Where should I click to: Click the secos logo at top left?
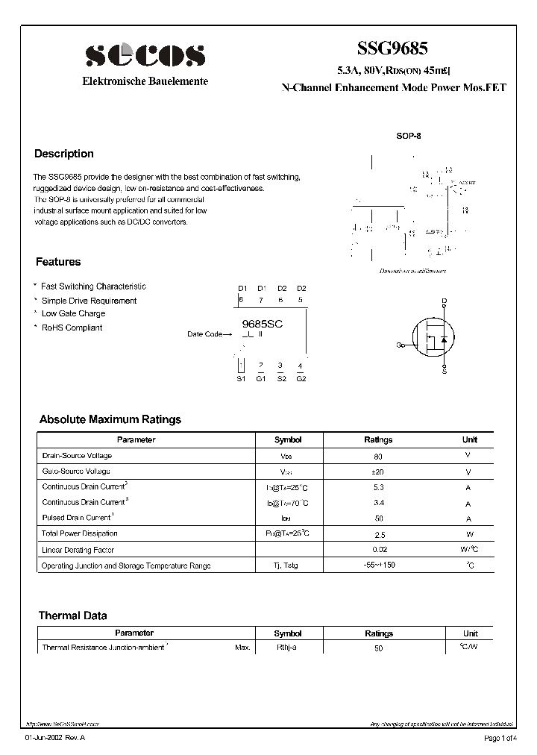145,54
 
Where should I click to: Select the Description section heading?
64,154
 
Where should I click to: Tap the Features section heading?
58,262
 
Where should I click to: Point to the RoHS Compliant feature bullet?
72,328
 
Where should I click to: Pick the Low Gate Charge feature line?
73,314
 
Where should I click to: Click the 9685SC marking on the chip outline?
263,325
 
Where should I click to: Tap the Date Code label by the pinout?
204,334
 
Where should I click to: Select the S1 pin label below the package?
241,378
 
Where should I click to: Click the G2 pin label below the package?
301,378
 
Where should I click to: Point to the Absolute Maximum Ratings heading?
110,419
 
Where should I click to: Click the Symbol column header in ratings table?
288,440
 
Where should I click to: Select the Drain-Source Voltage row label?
77,456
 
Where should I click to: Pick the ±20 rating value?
378,472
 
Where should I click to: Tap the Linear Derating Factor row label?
78,550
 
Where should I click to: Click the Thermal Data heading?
72,615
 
